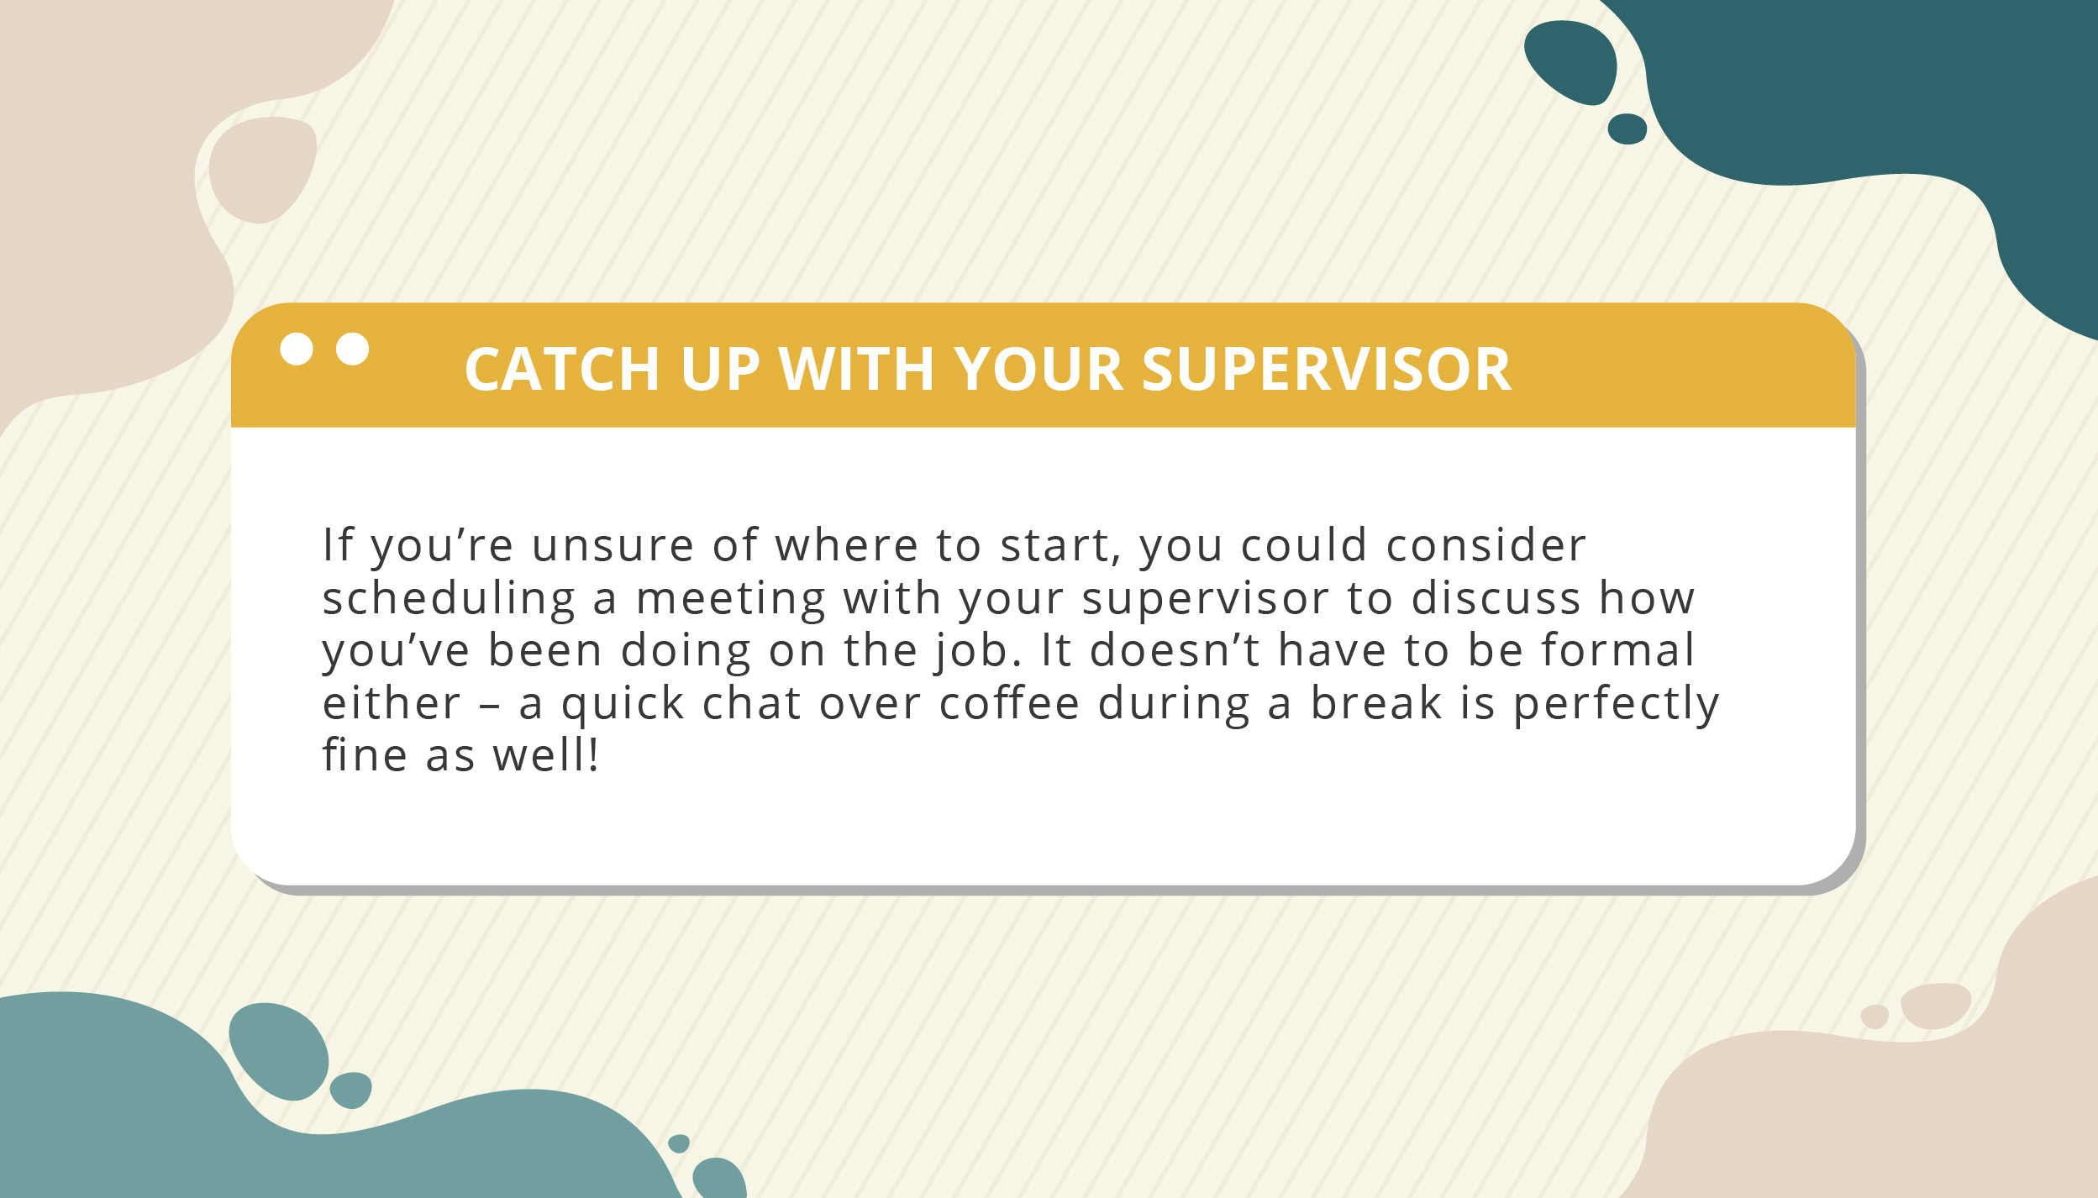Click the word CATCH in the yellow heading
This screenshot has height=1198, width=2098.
(x=562, y=369)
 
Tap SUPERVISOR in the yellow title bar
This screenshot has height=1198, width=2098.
(x=1327, y=369)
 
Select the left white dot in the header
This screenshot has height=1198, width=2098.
(x=297, y=349)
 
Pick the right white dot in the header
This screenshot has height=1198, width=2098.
(x=353, y=349)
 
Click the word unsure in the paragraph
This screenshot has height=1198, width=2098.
(x=613, y=546)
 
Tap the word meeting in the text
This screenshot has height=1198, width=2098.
(x=731, y=599)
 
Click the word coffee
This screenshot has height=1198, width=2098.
(x=1009, y=702)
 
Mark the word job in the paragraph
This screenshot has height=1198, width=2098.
(x=975, y=652)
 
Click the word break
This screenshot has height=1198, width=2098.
(x=1376, y=702)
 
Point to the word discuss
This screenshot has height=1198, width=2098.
(x=1496, y=599)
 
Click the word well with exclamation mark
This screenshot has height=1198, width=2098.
(x=545, y=754)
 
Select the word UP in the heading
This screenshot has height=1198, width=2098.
(x=720, y=369)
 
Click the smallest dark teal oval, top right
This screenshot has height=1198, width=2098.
(x=1627, y=129)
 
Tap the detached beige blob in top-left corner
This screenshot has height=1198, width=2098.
(x=261, y=170)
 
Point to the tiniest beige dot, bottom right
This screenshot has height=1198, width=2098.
(x=1875, y=1016)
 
